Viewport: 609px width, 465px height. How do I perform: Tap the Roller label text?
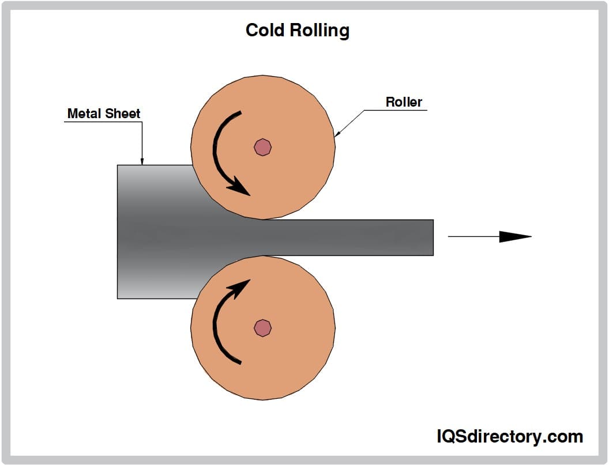point(404,102)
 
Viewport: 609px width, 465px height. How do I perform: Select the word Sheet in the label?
point(123,114)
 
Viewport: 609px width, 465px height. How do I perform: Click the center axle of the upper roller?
point(262,148)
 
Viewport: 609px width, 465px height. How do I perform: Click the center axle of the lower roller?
point(262,327)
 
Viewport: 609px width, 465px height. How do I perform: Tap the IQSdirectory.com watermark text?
point(509,436)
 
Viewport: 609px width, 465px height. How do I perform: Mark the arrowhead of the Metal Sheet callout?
point(142,162)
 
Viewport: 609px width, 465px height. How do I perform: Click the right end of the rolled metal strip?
point(431,237)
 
